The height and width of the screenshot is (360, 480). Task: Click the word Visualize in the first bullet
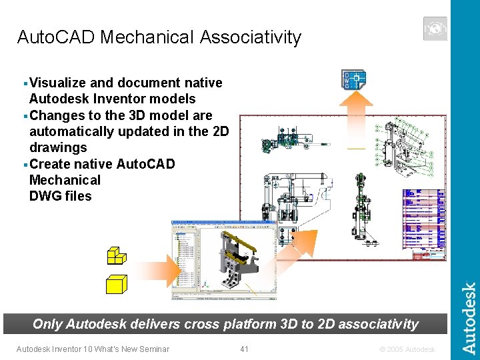(x=58, y=83)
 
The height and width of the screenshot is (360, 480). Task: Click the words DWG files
(x=61, y=196)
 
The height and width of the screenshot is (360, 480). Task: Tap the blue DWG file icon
(x=354, y=80)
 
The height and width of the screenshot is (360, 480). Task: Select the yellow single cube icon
(x=117, y=284)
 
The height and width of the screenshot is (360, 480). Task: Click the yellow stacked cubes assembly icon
(x=116, y=256)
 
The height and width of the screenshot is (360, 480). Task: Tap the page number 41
(x=244, y=349)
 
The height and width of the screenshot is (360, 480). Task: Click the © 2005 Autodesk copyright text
(x=407, y=349)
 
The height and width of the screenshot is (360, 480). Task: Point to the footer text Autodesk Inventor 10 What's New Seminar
(x=93, y=349)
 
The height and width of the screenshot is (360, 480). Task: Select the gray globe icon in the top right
(x=435, y=29)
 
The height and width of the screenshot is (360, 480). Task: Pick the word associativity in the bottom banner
(x=379, y=325)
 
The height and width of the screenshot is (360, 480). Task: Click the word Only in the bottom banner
(x=47, y=325)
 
